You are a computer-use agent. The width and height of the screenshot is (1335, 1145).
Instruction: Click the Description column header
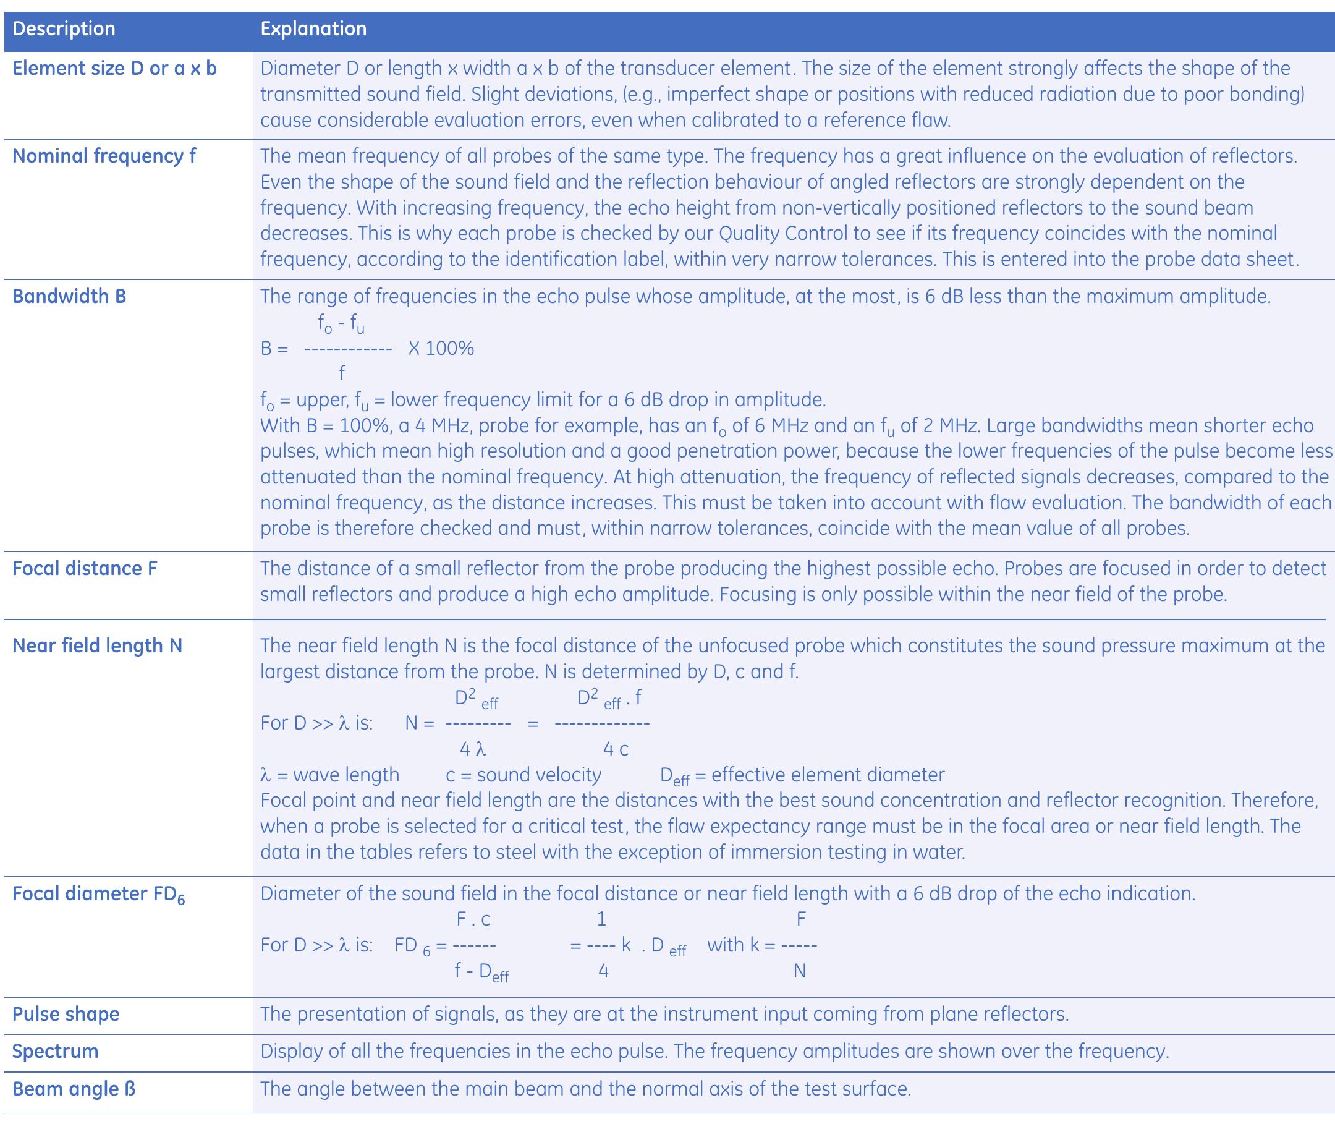coord(64,29)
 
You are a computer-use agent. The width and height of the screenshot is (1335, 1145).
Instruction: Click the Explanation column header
coord(313,29)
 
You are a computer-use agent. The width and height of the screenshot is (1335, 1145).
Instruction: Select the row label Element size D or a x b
coord(115,68)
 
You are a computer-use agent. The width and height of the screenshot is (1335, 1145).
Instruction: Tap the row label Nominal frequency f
coord(104,156)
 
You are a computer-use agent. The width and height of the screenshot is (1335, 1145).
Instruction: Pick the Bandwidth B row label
coord(70,296)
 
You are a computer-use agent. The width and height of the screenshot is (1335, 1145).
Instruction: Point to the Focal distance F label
coord(85,568)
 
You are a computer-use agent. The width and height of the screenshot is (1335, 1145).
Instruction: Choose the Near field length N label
coord(97,645)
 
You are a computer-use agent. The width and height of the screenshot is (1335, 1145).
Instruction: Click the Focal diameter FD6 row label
coord(98,894)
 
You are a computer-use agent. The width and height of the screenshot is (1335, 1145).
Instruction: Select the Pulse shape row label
coord(66,1014)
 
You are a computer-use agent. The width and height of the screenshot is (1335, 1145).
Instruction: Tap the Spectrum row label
coord(56,1052)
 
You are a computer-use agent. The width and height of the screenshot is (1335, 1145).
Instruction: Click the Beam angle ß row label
coord(74,1089)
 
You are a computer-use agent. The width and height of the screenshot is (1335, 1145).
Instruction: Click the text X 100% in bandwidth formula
coord(441,349)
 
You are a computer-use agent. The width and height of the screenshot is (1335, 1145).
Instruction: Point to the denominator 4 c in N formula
coord(616,749)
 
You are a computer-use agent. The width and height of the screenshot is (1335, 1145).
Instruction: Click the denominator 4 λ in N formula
coord(473,749)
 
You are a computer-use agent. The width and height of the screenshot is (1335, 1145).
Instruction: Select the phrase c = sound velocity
coord(523,775)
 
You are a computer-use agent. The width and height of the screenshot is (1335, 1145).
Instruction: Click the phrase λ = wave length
coord(330,775)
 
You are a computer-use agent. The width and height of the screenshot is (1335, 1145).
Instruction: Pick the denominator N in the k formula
coord(800,971)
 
